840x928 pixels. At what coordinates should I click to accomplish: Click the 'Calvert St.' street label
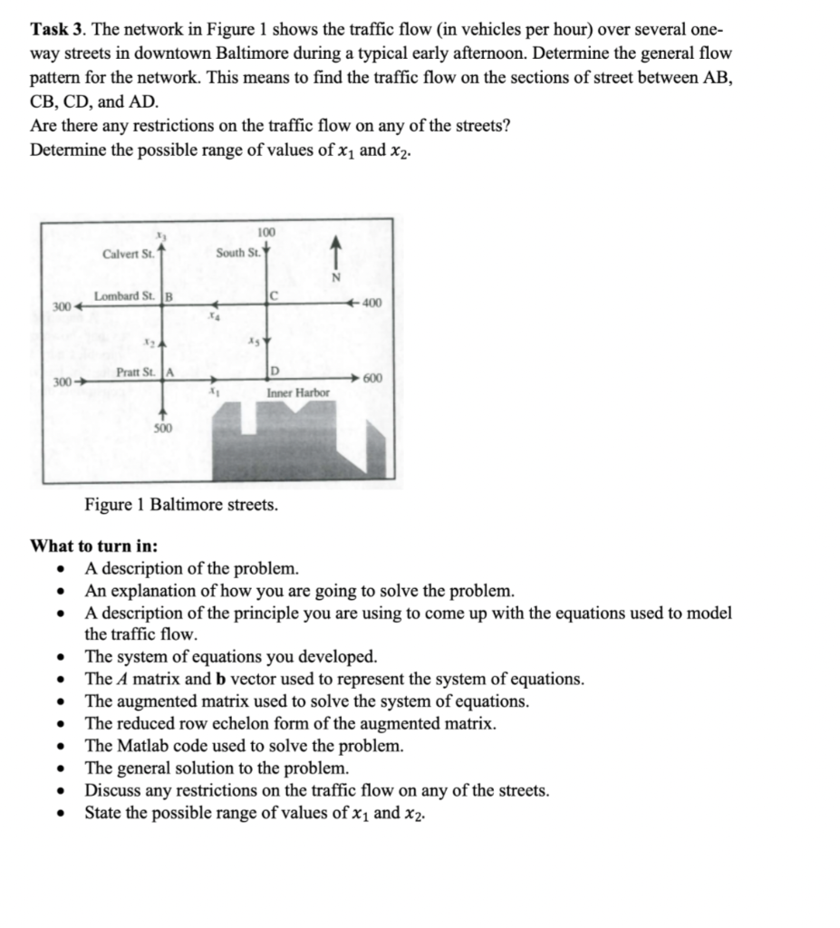pos(129,253)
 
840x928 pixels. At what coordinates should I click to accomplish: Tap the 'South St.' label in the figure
pos(237,253)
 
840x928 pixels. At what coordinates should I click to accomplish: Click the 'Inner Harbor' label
pos(297,393)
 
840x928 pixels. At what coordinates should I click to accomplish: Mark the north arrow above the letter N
pos(337,249)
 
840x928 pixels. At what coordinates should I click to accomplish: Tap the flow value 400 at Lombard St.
pos(372,303)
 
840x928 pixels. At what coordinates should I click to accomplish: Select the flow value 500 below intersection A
pos(163,428)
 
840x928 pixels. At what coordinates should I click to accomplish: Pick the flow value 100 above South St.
pos(267,234)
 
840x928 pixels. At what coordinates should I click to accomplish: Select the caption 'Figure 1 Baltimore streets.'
pos(181,505)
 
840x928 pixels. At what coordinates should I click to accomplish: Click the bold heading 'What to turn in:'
pos(94,546)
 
